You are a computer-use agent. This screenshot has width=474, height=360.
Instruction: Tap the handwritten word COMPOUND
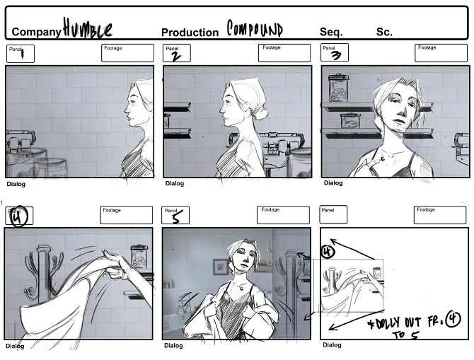point(254,28)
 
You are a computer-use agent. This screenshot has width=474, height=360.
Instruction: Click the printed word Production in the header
point(190,33)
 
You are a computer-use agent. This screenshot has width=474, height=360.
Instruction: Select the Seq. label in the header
point(331,32)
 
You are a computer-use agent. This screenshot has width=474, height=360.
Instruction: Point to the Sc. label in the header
point(384,32)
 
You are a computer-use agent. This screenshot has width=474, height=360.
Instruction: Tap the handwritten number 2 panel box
point(177,54)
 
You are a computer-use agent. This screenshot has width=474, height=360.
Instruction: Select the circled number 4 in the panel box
point(18,216)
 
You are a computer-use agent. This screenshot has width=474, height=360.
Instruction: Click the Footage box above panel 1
point(127,53)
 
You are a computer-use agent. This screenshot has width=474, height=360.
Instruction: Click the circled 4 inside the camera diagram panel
point(328,251)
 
